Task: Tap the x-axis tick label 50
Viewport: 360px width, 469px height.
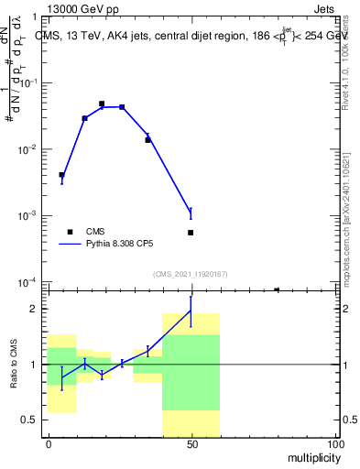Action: [191, 443]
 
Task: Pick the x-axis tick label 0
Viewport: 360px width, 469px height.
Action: [49, 443]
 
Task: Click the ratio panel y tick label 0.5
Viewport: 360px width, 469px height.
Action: [28, 420]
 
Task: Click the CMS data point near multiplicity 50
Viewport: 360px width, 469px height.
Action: [191, 233]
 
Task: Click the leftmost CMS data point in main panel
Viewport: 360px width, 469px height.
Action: [61, 175]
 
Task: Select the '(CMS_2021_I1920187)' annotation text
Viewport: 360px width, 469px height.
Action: [191, 274]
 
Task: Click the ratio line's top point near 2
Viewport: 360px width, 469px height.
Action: [191, 311]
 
